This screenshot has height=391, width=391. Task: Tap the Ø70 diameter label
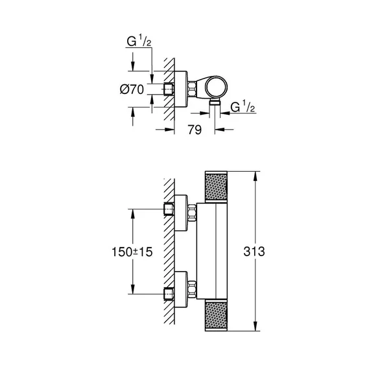point(132,89)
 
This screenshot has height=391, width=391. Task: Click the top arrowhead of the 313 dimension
point(257,174)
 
